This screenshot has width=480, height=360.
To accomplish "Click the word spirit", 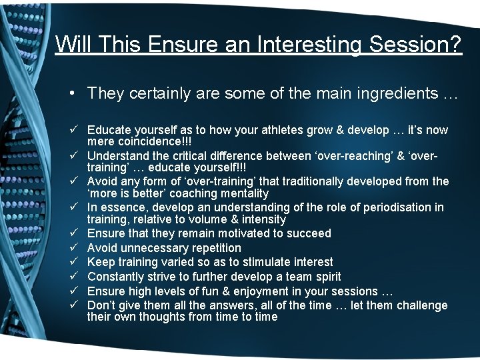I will (324, 277).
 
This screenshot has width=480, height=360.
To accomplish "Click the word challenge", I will (422, 305).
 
